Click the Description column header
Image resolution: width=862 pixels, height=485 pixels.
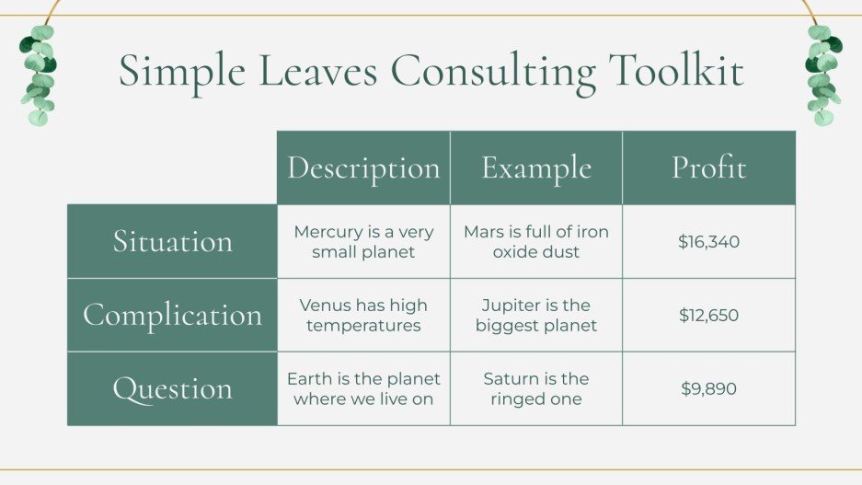tap(363, 168)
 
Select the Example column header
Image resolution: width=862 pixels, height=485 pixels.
tap(535, 168)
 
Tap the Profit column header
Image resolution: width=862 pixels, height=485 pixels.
tap(708, 168)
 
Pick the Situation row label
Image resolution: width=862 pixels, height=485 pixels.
tap(172, 241)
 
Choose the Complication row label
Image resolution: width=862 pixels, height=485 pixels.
tap(172, 315)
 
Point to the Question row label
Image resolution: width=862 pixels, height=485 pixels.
tap(172, 388)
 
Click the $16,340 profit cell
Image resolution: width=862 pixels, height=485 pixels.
tap(708, 242)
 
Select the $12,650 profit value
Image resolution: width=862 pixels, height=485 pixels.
tap(708, 316)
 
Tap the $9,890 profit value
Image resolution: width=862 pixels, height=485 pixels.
tap(708, 389)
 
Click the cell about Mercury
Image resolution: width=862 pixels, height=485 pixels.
tap(363, 242)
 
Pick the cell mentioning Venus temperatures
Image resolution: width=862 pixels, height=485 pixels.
tap(363, 316)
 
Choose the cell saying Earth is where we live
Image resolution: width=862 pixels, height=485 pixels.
tap(363, 389)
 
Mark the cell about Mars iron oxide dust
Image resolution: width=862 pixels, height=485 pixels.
tap(535, 242)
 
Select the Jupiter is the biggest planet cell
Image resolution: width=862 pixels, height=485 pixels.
tap(535, 316)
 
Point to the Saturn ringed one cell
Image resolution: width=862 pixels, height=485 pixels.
tap(535, 389)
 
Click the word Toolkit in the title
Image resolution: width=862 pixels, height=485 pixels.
tap(676, 72)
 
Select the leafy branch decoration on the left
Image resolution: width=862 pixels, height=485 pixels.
tap(38, 75)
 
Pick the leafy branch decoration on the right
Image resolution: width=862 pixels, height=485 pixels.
tap(823, 75)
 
